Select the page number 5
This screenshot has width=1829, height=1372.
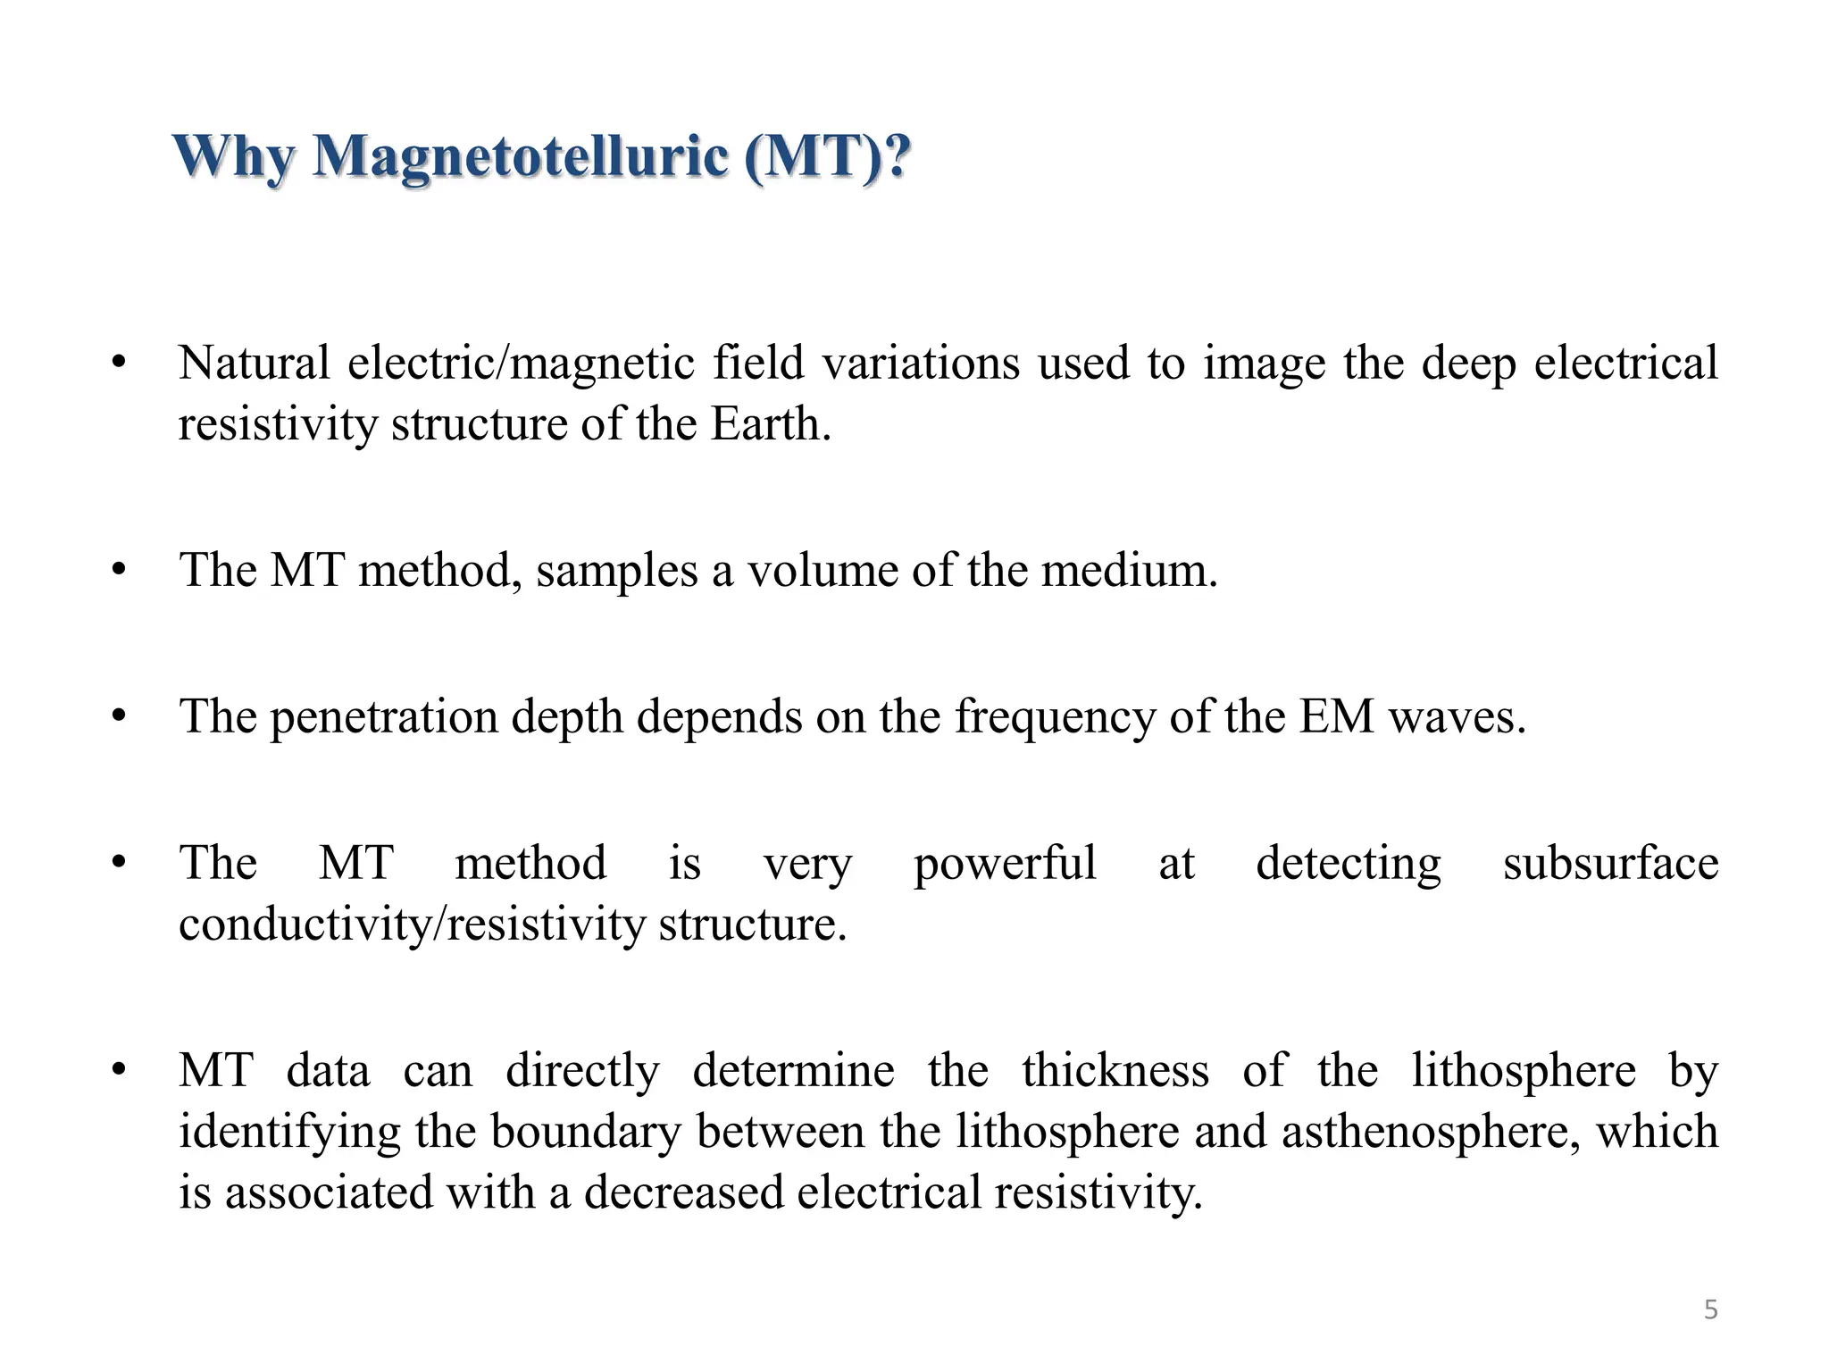pos(1710,1309)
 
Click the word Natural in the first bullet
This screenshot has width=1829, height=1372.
pos(255,363)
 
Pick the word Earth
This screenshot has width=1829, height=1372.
pos(770,423)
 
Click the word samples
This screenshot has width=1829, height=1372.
pos(616,570)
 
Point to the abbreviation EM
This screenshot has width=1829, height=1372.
pos(1336,716)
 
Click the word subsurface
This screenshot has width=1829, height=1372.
pos(1610,863)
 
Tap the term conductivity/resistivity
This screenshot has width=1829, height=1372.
pos(412,924)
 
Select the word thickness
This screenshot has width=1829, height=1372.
pos(1115,1070)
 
